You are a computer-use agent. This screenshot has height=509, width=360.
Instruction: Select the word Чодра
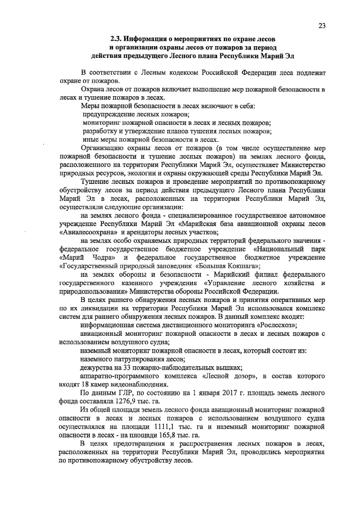[x=103, y=258]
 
